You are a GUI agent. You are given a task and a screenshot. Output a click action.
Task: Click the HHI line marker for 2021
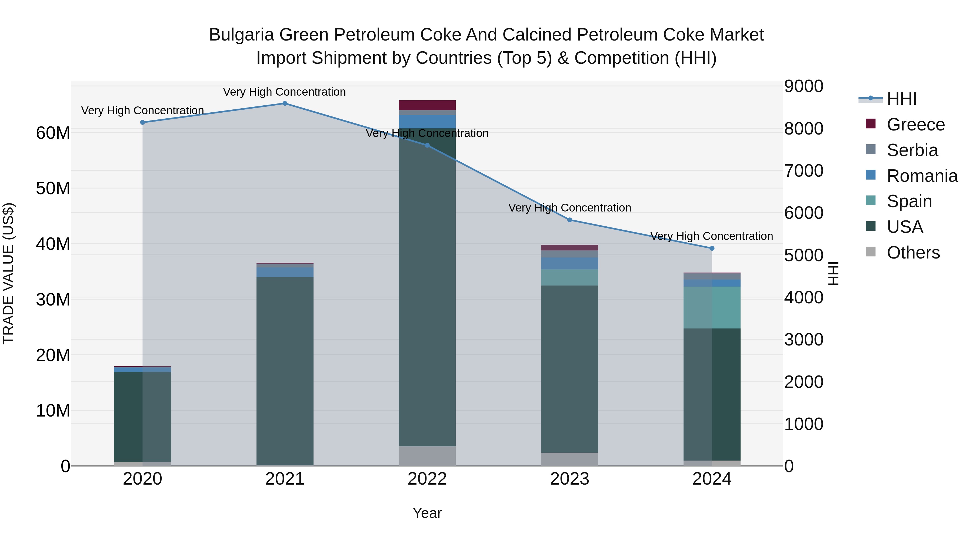(x=285, y=103)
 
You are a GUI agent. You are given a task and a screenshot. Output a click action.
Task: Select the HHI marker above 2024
(x=712, y=249)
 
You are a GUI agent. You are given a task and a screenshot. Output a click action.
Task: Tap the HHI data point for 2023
(x=569, y=220)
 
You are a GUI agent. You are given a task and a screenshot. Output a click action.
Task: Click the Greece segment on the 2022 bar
(x=427, y=105)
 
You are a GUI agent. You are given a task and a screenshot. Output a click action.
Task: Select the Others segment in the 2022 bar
(x=427, y=456)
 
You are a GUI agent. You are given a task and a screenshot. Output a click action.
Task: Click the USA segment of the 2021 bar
(x=285, y=370)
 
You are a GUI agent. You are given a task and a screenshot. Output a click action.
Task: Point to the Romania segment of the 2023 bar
(x=569, y=263)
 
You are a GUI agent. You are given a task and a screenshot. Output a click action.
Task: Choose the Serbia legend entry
(x=912, y=150)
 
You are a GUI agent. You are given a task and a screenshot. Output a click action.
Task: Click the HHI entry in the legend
(x=901, y=99)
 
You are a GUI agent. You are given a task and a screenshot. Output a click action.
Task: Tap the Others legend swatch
(x=870, y=252)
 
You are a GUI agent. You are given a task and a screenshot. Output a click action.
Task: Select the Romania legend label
(x=922, y=176)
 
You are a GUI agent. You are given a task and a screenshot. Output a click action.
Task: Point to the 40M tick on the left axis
(x=53, y=244)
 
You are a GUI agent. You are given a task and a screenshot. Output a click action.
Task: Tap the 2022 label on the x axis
(x=427, y=479)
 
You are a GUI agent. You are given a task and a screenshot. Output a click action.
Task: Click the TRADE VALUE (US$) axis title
(x=8, y=273)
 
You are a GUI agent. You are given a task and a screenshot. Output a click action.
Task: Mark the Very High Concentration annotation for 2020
(x=142, y=110)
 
